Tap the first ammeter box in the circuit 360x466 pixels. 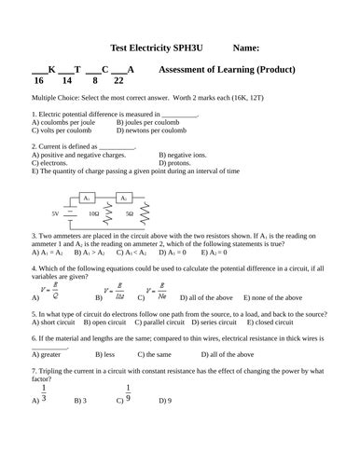coord(86,199)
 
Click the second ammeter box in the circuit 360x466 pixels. coord(123,199)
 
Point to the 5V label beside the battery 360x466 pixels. coord(55,213)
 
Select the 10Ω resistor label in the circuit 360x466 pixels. coord(92,213)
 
